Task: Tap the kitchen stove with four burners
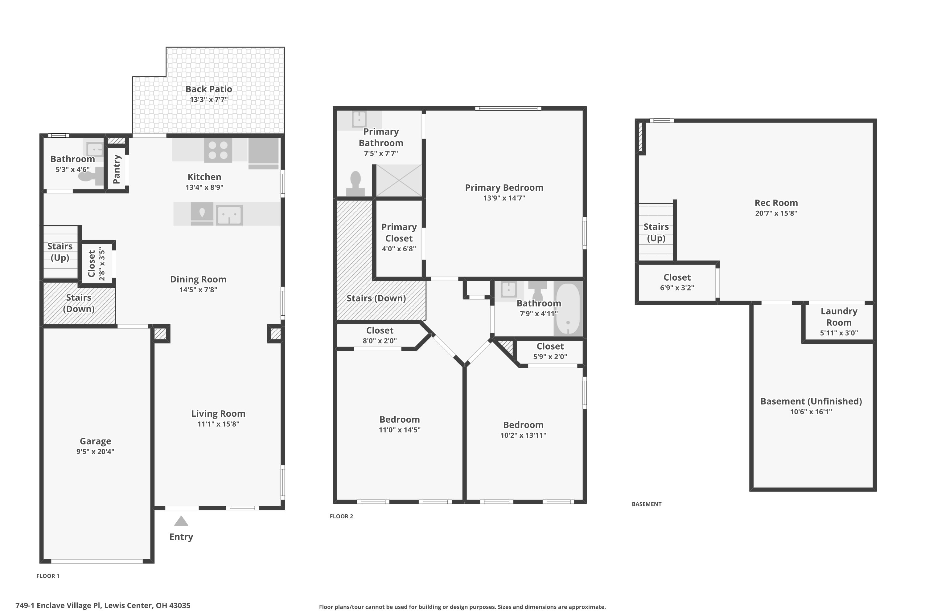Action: [x=218, y=150]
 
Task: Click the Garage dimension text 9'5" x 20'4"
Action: [x=95, y=452]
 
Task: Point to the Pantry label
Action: [x=117, y=169]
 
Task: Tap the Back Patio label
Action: [x=209, y=89]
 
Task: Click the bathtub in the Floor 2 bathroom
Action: [x=568, y=308]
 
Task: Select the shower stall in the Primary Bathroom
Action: [x=398, y=181]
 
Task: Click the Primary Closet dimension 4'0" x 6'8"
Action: [x=399, y=249]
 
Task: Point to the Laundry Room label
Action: [x=839, y=317]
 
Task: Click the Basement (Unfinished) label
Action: [x=811, y=401]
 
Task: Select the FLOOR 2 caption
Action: [x=341, y=516]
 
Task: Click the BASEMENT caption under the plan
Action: [x=647, y=504]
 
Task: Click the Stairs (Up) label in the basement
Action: [x=656, y=233]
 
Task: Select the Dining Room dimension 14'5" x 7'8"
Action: [x=198, y=290]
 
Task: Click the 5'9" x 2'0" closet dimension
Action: [x=550, y=357]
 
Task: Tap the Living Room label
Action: [x=218, y=413]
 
